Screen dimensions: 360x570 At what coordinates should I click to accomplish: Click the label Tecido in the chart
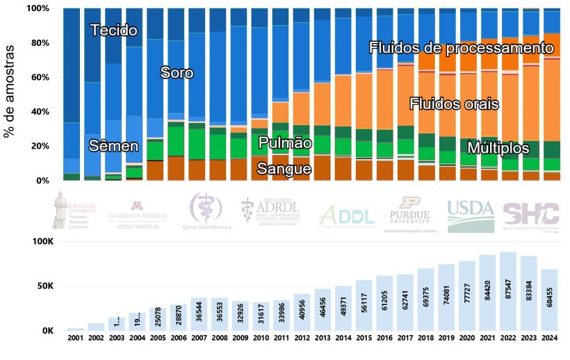click(x=113, y=31)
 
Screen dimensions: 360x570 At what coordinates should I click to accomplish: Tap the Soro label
click(x=177, y=72)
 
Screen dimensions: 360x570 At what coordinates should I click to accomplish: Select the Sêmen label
click(x=113, y=146)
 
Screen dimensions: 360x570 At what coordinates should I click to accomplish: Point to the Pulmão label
click(x=284, y=143)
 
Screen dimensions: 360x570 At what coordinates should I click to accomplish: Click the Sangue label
click(x=284, y=168)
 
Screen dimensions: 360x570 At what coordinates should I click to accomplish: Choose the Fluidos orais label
click(x=454, y=104)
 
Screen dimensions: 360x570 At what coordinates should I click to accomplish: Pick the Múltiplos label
click(x=498, y=148)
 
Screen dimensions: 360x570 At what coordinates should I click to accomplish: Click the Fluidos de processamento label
click(x=462, y=48)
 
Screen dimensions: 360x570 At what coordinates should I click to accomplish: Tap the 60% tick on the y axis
click(x=38, y=77)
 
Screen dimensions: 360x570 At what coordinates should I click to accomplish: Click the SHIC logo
click(x=530, y=214)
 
